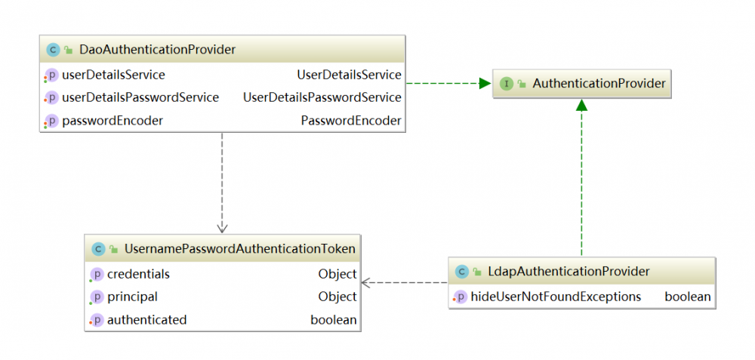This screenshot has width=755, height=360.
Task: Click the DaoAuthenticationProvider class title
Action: [x=157, y=50]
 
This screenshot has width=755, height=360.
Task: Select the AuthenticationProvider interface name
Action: [x=599, y=84]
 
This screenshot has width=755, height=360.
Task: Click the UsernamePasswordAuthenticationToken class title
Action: [x=239, y=248]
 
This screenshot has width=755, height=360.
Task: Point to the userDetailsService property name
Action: [x=113, y=75]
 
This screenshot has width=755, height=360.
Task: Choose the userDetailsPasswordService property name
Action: [x=140, y=97]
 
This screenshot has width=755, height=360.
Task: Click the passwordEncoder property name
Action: [x=112, y=121]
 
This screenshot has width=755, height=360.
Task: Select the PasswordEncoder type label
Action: [x=351, y=121]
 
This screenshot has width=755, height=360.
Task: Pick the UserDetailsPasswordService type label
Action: [x=322, y=97]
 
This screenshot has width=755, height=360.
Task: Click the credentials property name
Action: [x=138, y=274]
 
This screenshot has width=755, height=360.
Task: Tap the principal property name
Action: [x=132, y=297]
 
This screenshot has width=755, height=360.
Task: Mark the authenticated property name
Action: [x=146, y=320]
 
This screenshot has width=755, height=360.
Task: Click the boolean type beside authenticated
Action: [x=334, y=320]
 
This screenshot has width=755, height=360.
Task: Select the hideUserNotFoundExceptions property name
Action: [x=556, y=297]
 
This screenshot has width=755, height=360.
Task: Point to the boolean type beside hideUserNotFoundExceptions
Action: [x=687, y=297]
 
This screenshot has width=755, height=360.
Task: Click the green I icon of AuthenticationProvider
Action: [x=507, y=84]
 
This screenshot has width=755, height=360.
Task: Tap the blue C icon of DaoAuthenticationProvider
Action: [x=52, y=50]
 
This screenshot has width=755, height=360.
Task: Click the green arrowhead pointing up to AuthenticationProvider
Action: [x=581, y=106]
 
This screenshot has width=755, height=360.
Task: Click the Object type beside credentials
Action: [x=337, y=274]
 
